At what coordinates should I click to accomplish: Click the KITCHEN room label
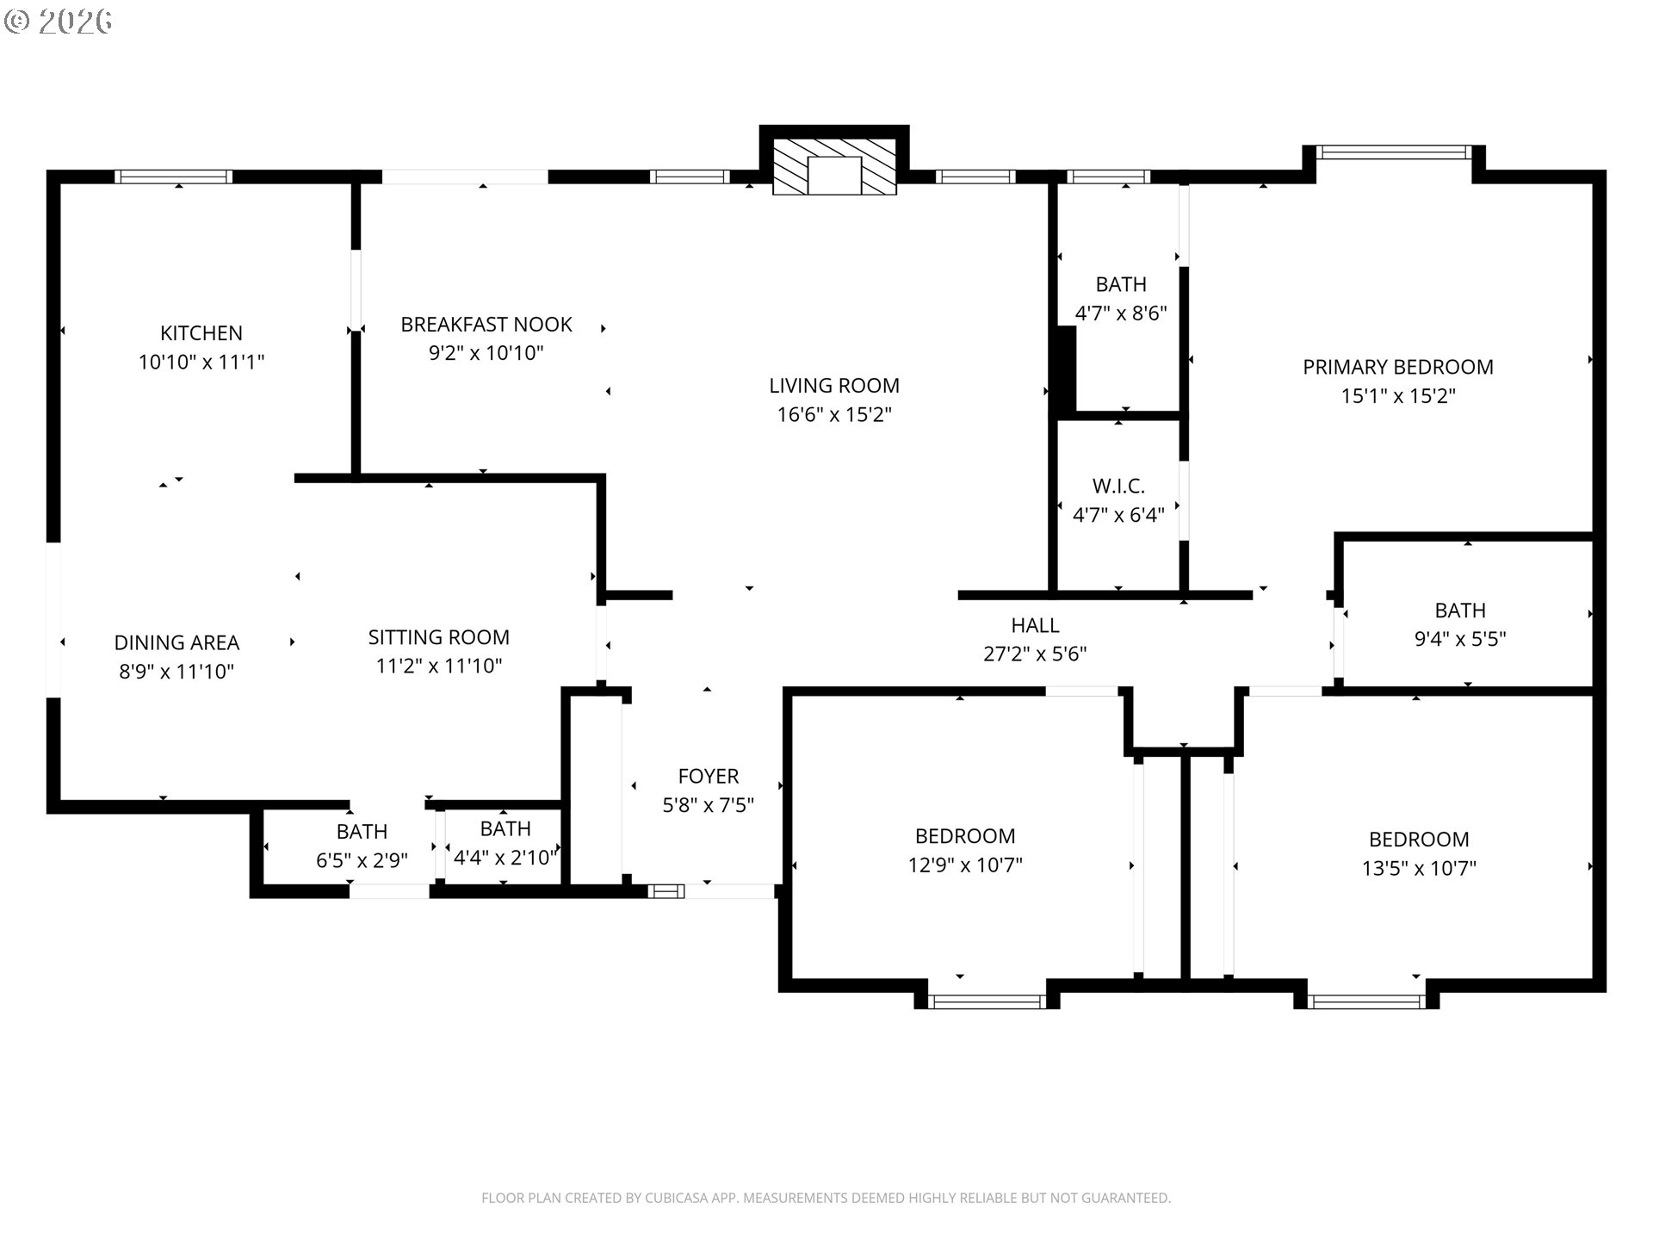(201, 333)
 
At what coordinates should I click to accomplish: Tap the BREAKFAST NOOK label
(486, 325)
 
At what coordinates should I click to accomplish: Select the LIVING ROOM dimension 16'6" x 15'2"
(834, 415)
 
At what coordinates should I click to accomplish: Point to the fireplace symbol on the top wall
(834, 167)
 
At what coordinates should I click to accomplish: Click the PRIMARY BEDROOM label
(1398, 368)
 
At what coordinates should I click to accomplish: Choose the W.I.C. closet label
(1119, 487)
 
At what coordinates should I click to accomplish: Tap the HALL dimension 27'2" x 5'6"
(1035, 654)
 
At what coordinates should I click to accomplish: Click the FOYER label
(709, 777)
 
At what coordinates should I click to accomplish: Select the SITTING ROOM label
(439, 637)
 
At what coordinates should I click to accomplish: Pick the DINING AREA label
(176, 643)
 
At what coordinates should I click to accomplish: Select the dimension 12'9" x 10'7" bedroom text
(965, 865)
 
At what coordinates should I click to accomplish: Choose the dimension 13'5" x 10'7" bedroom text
(1419, 869)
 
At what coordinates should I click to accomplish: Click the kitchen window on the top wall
(174, 177)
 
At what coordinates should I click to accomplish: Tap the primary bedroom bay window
(1395, 152)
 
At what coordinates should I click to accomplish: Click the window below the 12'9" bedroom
(987, 1001)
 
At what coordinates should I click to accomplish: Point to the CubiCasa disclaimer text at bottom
(826, 1198)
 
